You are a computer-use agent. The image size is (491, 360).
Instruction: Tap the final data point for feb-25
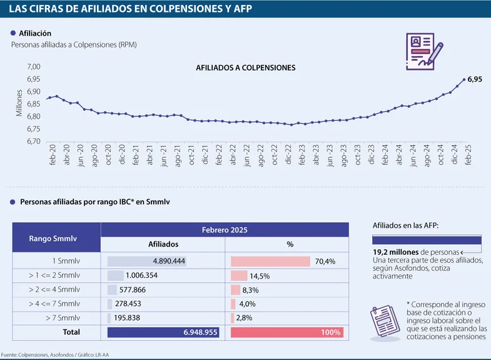464,80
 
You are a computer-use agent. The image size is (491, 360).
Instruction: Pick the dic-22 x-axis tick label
288,155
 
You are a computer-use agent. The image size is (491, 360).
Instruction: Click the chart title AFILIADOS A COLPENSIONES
246,68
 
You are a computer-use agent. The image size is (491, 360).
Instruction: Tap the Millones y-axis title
19,103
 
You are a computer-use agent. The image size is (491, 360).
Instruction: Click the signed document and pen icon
423,51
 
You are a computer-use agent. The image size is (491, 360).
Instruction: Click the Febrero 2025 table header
225,230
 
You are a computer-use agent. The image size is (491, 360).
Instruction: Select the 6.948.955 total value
201,332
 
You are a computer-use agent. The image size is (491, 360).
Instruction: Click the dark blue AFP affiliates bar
427,240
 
